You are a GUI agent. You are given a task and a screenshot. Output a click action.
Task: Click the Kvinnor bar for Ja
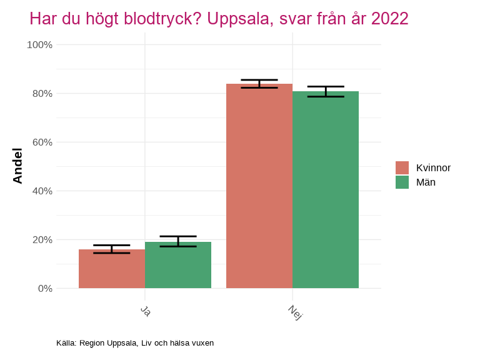click(112, 269)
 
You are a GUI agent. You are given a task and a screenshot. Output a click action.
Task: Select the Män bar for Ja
click(178, 266)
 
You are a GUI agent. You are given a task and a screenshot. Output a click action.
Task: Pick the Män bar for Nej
click(326, 190)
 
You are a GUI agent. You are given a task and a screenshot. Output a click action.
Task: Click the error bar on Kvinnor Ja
click(112, 249)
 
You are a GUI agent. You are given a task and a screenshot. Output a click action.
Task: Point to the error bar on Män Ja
click(178, 241)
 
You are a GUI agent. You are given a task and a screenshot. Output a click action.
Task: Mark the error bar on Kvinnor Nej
click(259, 84)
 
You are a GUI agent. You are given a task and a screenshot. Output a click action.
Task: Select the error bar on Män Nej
click(326, 91)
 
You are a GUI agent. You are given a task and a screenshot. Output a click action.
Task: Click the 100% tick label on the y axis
click(39, 45)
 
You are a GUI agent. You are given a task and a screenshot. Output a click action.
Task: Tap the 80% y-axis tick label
click(42, 94)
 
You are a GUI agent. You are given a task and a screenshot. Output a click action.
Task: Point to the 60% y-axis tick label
click(42, 142)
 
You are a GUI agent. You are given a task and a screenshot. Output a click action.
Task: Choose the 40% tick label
click(42, 191)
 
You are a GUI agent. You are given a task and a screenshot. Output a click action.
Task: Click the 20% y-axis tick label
click(42, 240)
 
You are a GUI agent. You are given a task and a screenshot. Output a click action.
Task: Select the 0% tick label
click(44, 289)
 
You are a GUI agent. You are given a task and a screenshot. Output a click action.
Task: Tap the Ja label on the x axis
click(146, 311)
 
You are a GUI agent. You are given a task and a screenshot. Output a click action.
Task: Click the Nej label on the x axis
click(295, 312)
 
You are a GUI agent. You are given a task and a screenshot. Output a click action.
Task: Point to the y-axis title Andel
click(17, 166)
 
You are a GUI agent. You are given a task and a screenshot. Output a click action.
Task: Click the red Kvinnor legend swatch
click(402, 167)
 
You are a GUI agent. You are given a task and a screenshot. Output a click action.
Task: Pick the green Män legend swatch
click(402, 182)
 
